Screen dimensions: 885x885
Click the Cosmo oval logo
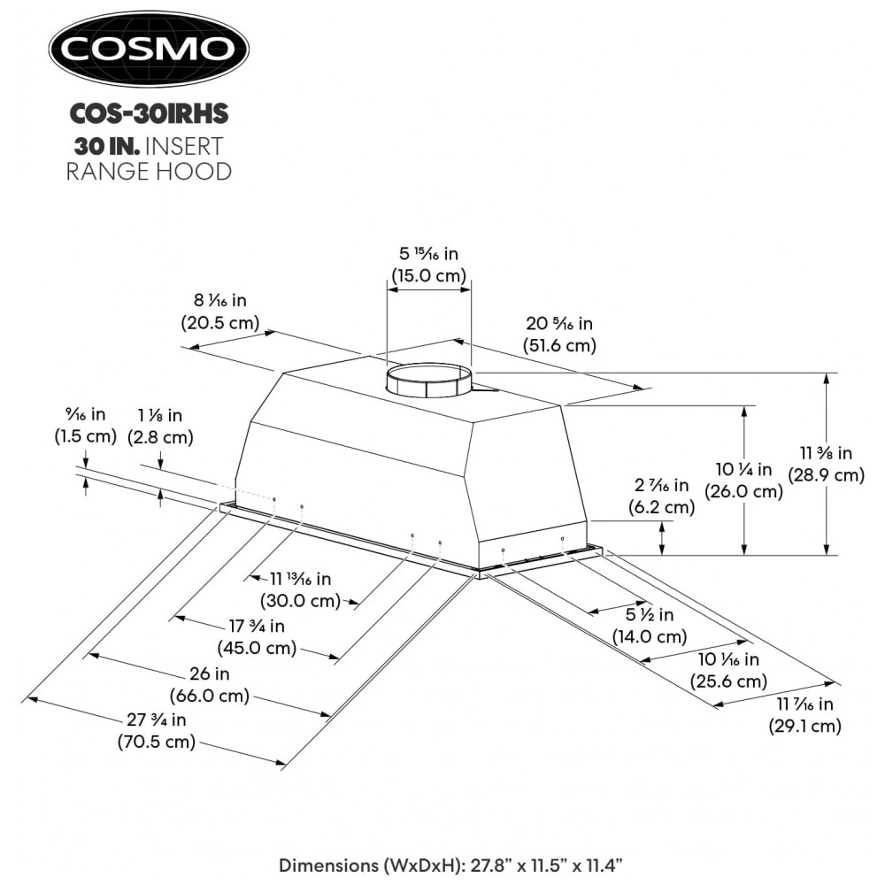148,49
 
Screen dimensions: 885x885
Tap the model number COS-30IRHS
148,113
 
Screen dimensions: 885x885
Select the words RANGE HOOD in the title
148,171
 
